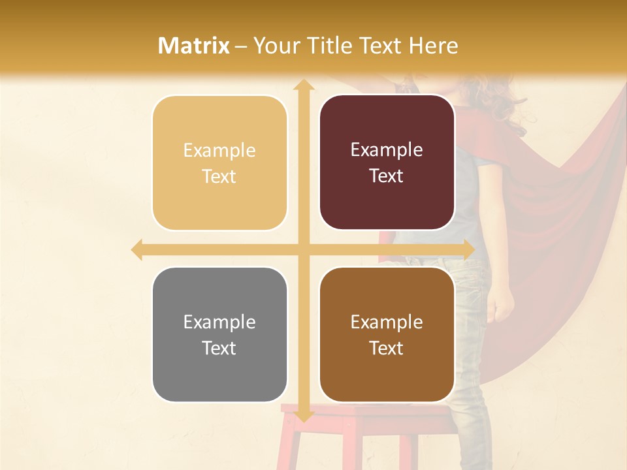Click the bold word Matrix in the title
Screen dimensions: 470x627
point(194,46)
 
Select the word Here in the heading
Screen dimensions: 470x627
point(434,46)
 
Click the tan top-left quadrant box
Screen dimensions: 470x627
point(219,163)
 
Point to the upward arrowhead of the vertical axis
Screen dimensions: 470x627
point(303,86)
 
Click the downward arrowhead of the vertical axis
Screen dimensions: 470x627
point(303,416)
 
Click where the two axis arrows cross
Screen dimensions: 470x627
point(303,250)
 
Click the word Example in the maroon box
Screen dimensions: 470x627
point(387,150)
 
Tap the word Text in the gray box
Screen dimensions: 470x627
point(219,348)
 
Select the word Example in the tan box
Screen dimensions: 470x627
point(219,151)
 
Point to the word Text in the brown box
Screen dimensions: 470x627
point(386,348)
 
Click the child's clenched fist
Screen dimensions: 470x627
point(501,305)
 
